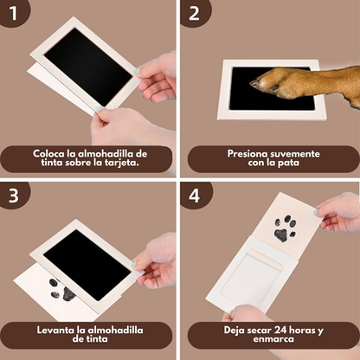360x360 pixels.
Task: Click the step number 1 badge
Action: tap(14, 15)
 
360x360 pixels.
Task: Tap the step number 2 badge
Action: tap(194, 15)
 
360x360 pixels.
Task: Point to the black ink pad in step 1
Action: tap(87, 65)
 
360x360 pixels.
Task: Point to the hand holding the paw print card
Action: tap(337, 212)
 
